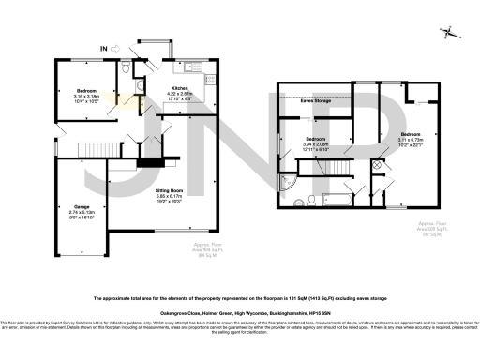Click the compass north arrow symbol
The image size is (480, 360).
[451, 34]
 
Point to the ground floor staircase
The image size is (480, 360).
[94, 147]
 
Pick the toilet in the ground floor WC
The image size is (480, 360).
[126, 68]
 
